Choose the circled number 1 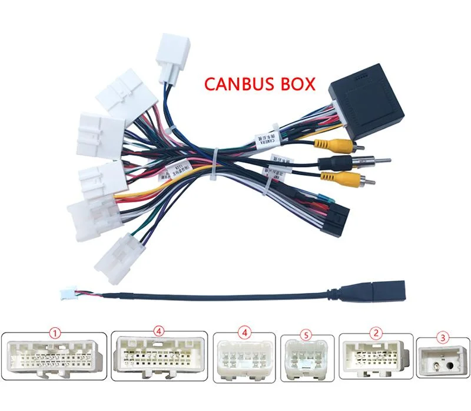tap(56, 334)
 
